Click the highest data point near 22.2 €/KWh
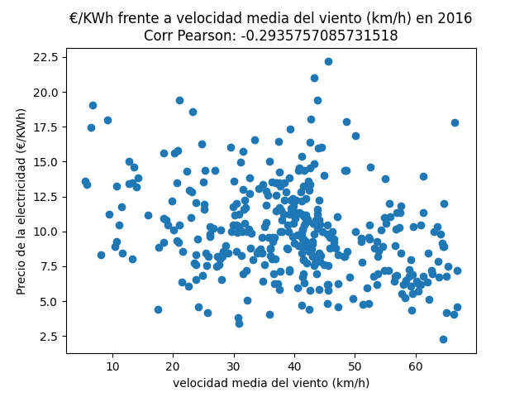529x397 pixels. coord(328,61)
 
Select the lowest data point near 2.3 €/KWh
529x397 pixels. coord(443,339)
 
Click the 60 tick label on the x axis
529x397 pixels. coord(416,366)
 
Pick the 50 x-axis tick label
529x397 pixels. coord(355,366)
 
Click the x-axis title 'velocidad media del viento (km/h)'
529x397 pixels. coord(271,383)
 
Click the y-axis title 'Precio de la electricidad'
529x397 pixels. coord(21,201)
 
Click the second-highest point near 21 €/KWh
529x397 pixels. coord(314,78)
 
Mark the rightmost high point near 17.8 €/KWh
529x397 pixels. coord(455,122)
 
